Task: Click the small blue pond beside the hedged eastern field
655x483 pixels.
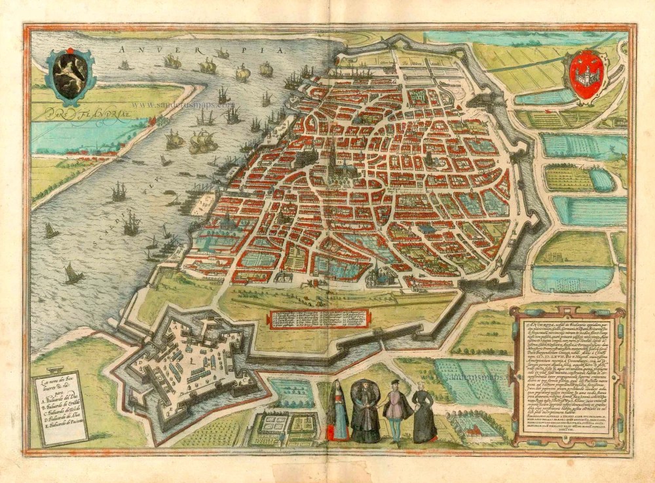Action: pos(601,179)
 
